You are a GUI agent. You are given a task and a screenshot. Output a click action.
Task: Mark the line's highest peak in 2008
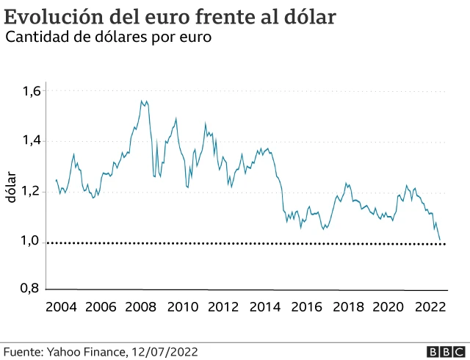click(x=141, y=100)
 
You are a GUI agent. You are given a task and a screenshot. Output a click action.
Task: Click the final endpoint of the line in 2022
click(x=441, y=240)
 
